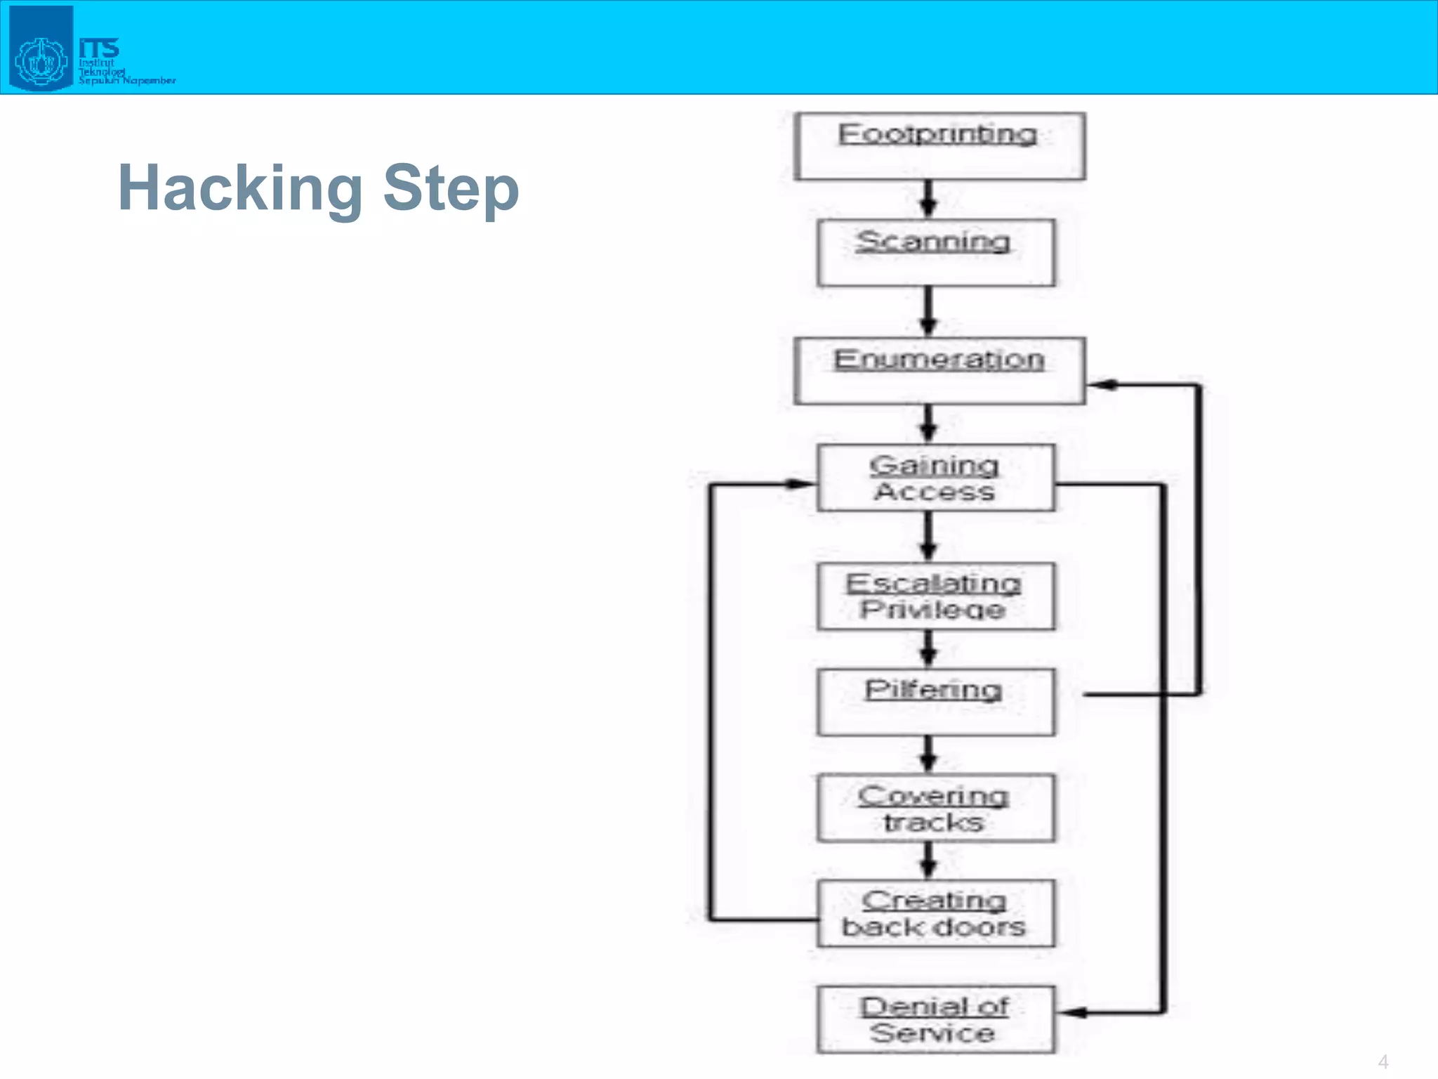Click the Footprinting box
(939, 146)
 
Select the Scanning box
(935, 252)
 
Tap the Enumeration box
(939, 370)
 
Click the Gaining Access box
(935, 478)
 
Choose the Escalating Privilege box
(935, 596)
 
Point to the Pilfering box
(935, 702)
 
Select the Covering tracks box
(935, 808)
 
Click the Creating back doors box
(935, 913)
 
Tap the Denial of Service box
(935, 1019)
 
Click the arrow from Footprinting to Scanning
(928, 200)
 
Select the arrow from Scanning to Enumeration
(928, 311)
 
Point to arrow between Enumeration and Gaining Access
(928, 424)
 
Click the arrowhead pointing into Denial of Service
(1073, 1012)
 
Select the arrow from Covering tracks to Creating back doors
(928, 861)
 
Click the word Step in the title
(451, 188)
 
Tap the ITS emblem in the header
(41, 49)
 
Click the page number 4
(1383, 1061)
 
